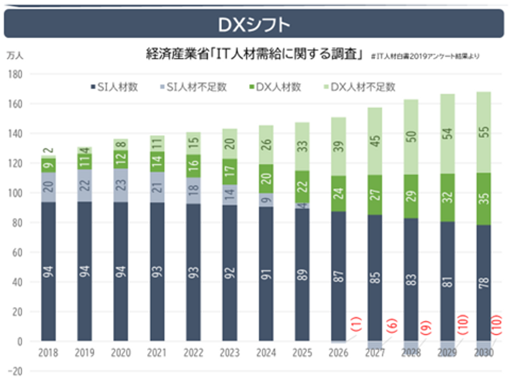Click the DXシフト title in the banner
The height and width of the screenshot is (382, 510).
coord(254,25)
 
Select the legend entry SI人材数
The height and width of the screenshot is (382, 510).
coord(114,87)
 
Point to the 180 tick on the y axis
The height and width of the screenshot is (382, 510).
coord(15,74)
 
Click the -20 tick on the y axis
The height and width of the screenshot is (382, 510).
coord(15,371)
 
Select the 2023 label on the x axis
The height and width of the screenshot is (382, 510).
coord(229,353)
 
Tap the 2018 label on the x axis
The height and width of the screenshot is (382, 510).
coord(48,353)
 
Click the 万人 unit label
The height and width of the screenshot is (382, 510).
coord(15,56)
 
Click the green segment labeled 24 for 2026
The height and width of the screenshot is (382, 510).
coord(339,193)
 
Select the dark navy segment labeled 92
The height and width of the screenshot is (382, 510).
coord(230,273)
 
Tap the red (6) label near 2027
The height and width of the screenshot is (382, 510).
coord(392,325)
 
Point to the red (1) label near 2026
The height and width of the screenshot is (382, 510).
coord(356,324)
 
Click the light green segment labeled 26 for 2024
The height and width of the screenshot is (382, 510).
coord(266,145)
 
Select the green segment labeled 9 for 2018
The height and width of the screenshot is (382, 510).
coord(49,165)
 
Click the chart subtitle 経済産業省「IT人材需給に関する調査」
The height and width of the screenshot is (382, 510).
coord(254,54)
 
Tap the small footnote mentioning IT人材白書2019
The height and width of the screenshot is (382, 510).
coord(425,56)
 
